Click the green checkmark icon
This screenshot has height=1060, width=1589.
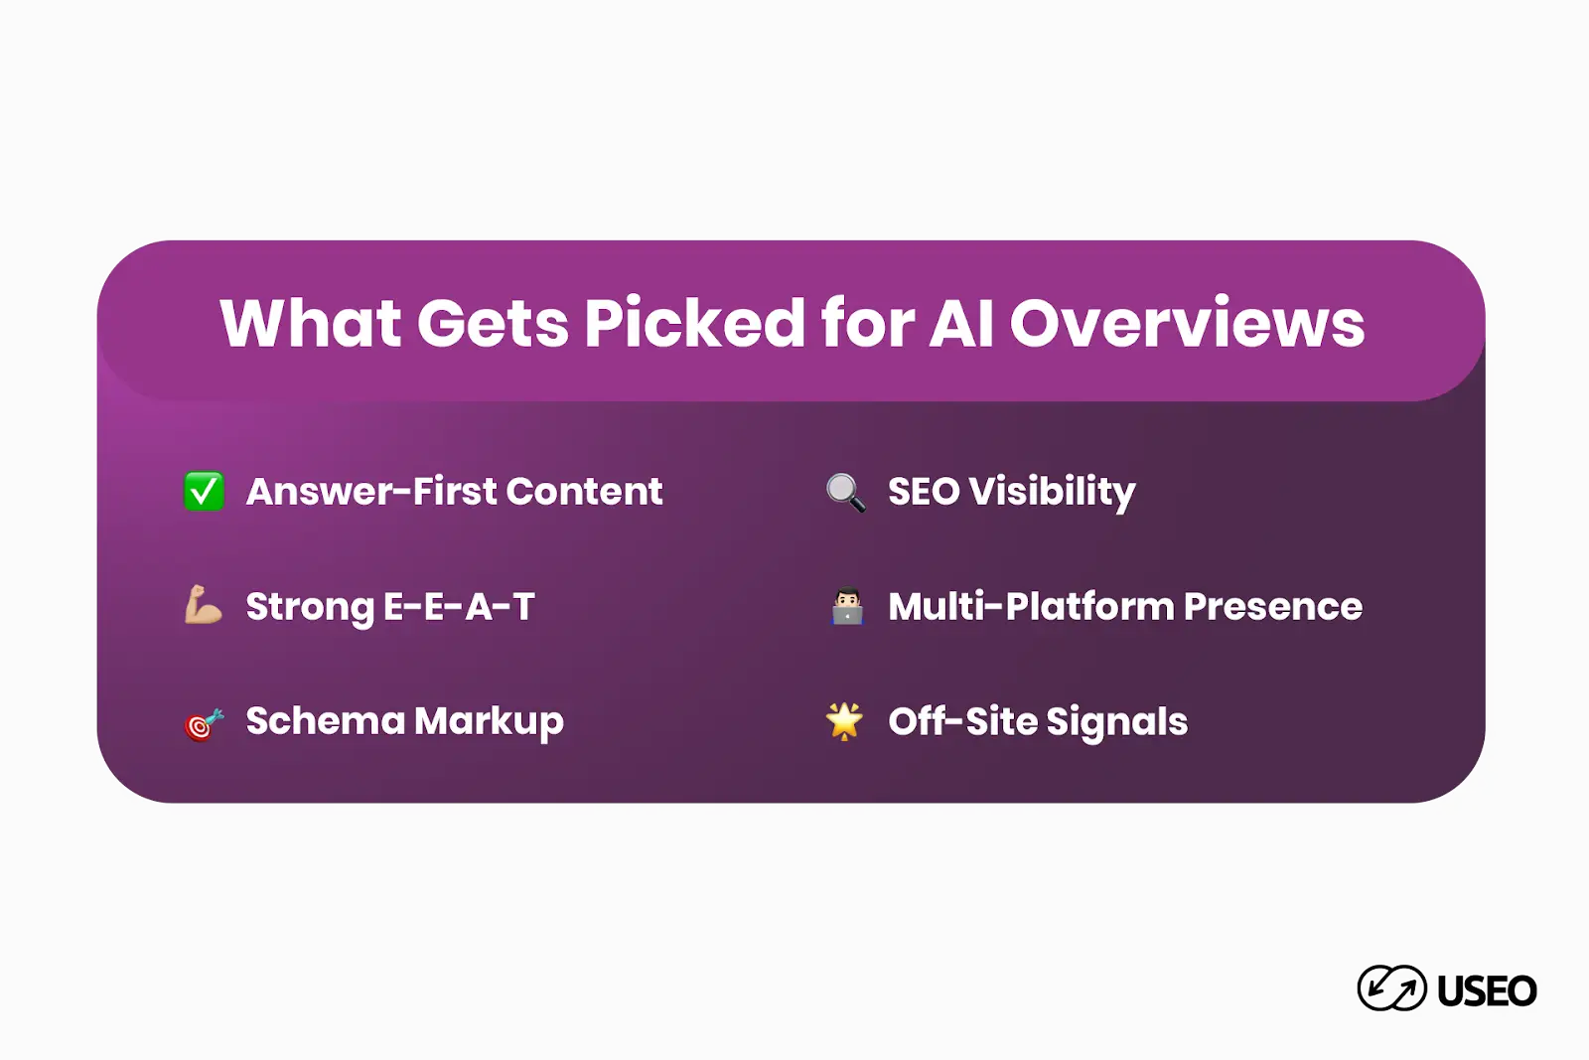pos(204,491)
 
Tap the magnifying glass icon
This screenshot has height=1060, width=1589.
pos(845,493)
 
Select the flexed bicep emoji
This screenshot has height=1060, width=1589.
pos(203,605)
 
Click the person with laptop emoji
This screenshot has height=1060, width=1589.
pos(847,606)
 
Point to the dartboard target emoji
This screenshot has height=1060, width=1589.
pos(205,723)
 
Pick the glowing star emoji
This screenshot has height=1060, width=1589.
pos(844,721)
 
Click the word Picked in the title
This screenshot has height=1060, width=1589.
pos(694,323)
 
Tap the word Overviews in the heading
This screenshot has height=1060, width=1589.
pos(1187,323)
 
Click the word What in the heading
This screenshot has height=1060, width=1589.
pos(310,323)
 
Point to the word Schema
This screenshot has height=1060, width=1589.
pos(326,721)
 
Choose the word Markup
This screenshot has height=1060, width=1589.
pos(490,722)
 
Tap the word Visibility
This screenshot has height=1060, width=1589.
pos(1053,492)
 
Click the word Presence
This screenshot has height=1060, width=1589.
pos(1273,607)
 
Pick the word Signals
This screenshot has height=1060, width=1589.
pos(1117,722)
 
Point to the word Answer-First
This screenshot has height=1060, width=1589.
pos(371,492)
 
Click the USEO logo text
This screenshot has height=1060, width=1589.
pos(1487,991)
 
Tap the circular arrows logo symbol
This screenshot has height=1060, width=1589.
pos(1391,987)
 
